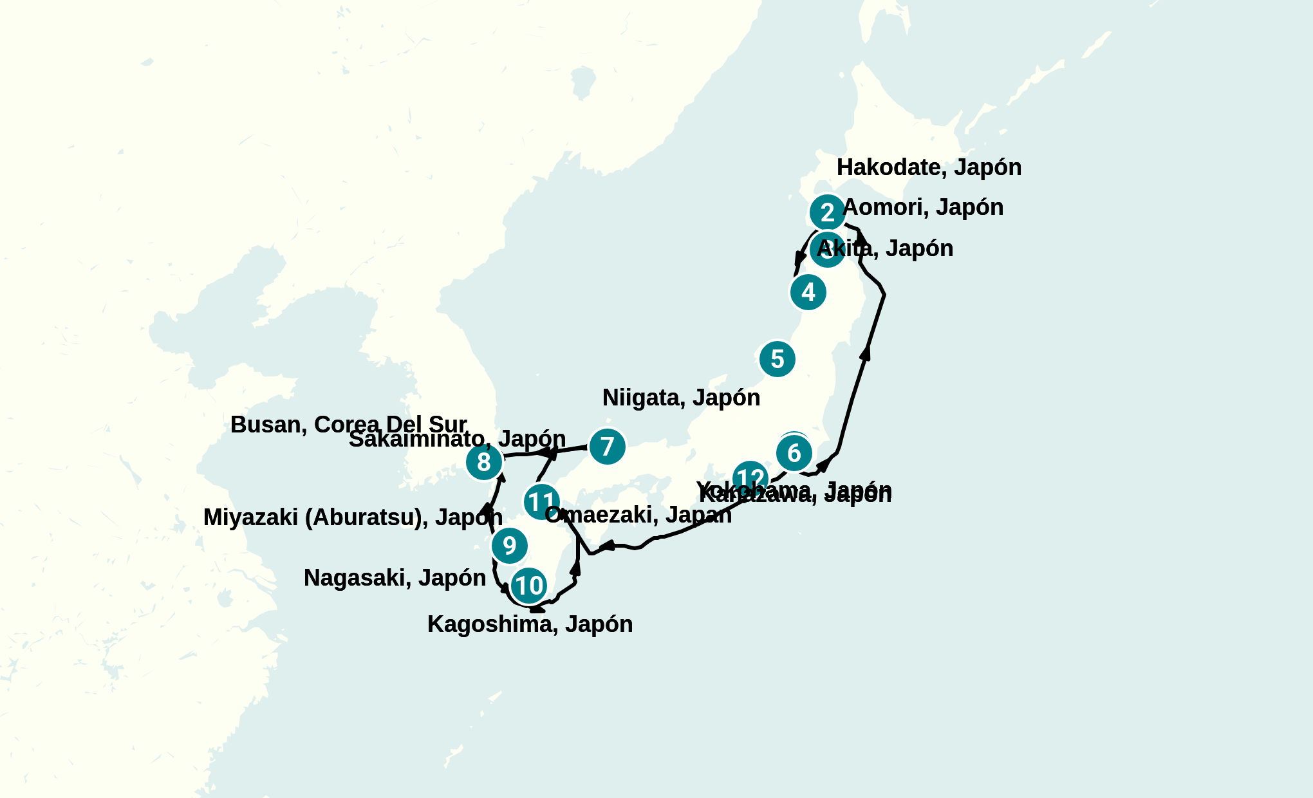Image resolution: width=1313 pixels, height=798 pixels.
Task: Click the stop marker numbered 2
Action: [827, 212]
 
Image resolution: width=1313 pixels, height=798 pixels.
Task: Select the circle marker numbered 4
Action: [808, 292]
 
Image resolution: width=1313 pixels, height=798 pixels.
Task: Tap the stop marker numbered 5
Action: [777, 359]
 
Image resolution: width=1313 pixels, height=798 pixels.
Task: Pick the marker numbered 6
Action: [794, 453]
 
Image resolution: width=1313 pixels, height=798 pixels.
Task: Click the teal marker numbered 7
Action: [607, 446]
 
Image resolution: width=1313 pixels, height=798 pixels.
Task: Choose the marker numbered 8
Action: [484, 461]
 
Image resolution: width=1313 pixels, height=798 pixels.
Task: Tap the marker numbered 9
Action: [509, 545]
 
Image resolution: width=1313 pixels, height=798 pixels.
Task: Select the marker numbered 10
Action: [529, 586]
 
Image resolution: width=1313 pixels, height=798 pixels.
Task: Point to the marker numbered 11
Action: [541, 501]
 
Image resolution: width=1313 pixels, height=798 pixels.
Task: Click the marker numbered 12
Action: [750, 478]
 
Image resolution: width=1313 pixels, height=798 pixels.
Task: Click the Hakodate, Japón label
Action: [929, 167]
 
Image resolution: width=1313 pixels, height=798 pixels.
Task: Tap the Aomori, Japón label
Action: [922, 207]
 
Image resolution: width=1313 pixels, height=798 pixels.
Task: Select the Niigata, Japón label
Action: [681, 398]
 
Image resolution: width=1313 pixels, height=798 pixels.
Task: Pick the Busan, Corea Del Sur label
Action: [348, 425]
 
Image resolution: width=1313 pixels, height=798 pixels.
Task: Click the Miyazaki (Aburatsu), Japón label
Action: [353, 517]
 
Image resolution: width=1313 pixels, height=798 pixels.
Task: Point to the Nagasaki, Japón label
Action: [395, 578]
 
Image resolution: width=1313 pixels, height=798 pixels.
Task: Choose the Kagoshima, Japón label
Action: [530, 624]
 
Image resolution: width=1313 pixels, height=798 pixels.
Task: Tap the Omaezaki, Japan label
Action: [638, 515]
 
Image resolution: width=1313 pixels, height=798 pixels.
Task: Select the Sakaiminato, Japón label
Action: [457, 440]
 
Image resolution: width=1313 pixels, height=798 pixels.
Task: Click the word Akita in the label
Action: [844, 248]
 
